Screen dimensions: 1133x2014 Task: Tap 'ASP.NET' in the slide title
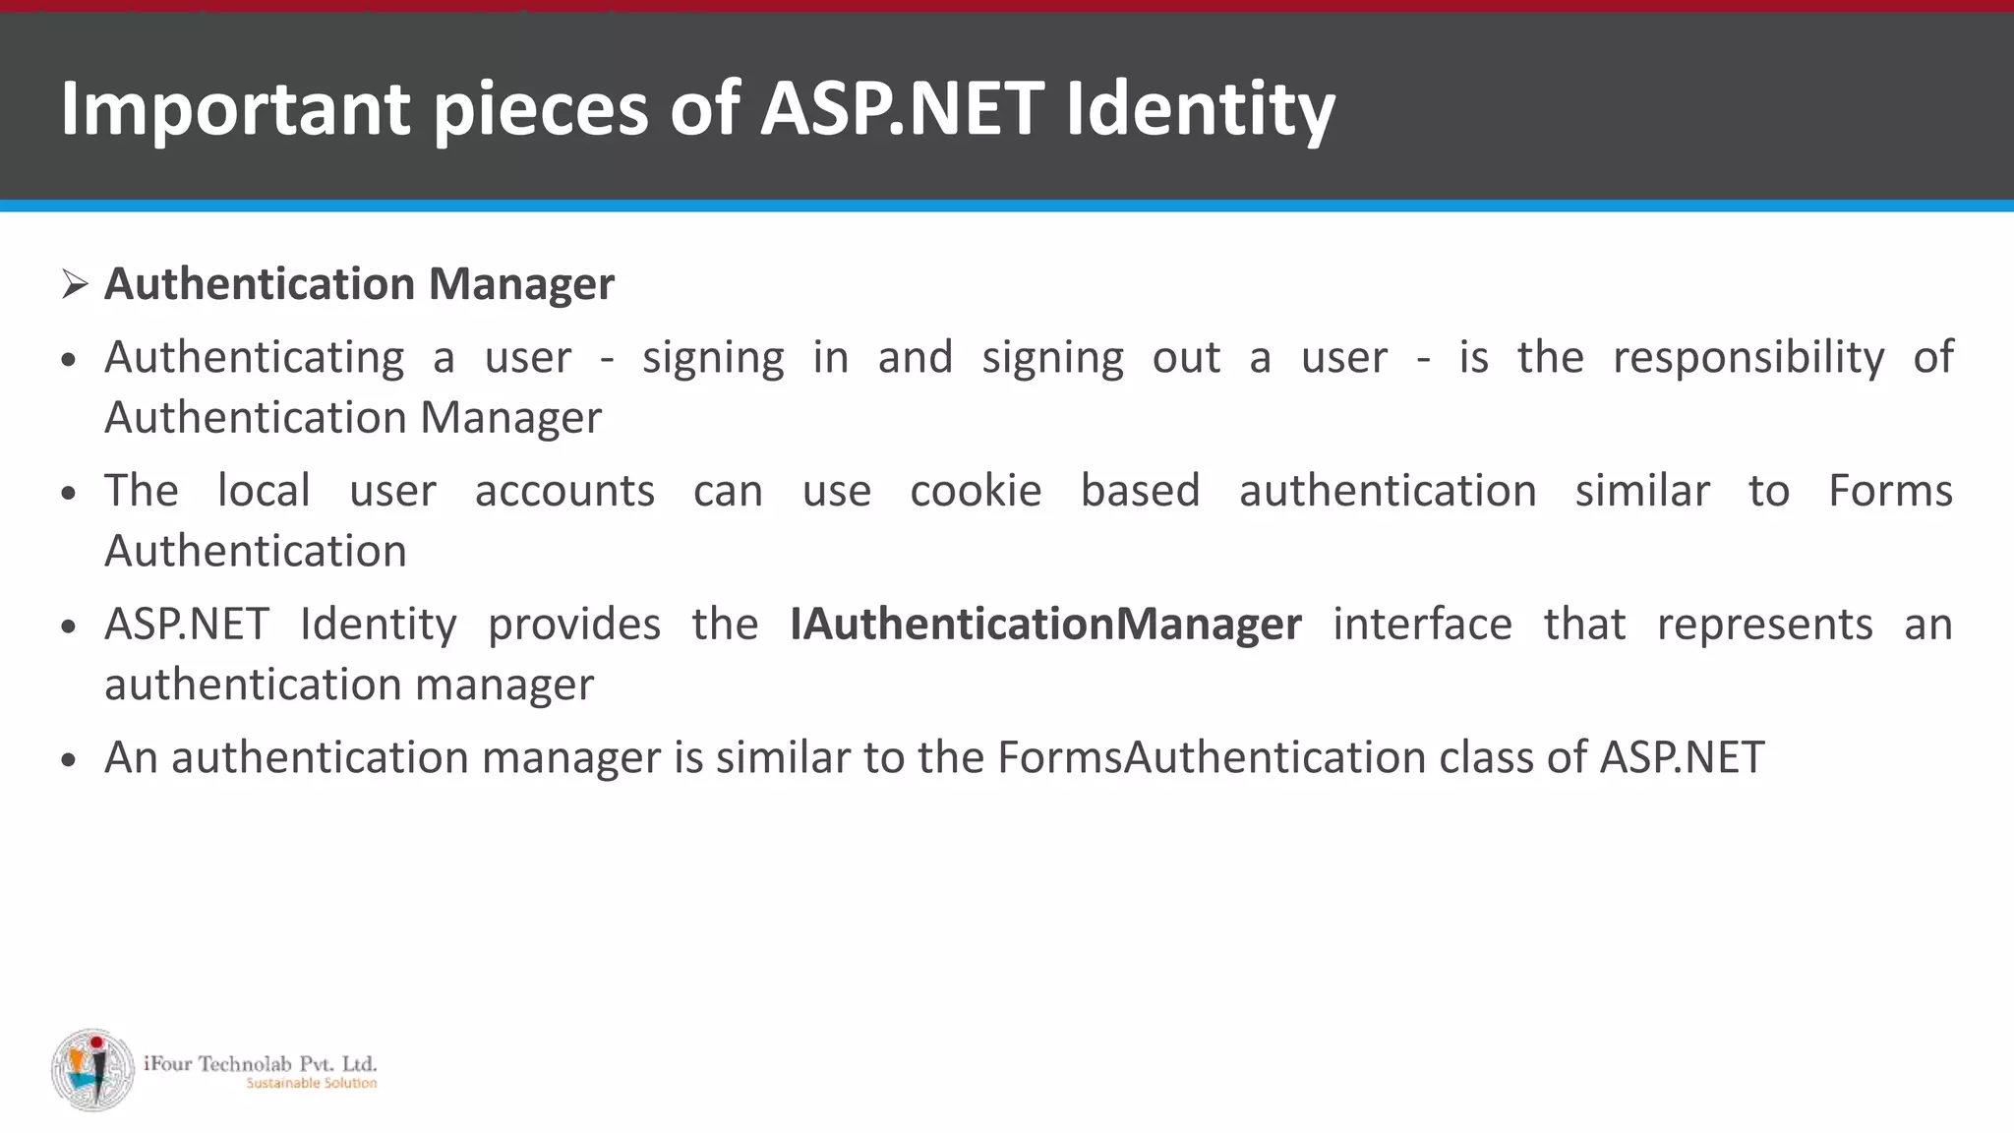click(x=902, y=108)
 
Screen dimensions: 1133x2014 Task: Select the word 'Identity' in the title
click(x=1201, y=108)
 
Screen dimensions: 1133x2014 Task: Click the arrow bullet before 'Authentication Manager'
click(x=75, y=284)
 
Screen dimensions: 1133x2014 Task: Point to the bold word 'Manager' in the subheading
click(x=521, y=284)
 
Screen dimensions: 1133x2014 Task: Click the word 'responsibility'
click(x=1748, y=357)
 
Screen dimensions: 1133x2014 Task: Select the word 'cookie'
click(x=976, y=491)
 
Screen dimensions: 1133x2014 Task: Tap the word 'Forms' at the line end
click(x=1890, y=491)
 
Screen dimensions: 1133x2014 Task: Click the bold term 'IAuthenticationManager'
click(x=1045, y=625)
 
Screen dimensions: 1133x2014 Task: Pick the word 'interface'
click(x=1422, y=625)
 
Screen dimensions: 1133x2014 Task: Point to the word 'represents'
click(x=1765, y=625)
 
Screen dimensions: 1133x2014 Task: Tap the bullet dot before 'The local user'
click(x=68, y=494)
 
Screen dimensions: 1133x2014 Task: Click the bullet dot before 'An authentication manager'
click(x=68, y=760)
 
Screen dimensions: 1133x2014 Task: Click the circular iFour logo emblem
click(x=93, y=1070)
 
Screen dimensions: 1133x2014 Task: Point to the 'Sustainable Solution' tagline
click(x=311, y=1083)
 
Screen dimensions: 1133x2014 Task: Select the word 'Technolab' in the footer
click(x=244, y=1063)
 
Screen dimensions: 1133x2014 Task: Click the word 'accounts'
click(x=564, y=491)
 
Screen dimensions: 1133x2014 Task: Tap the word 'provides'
click(x=574, y=625)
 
